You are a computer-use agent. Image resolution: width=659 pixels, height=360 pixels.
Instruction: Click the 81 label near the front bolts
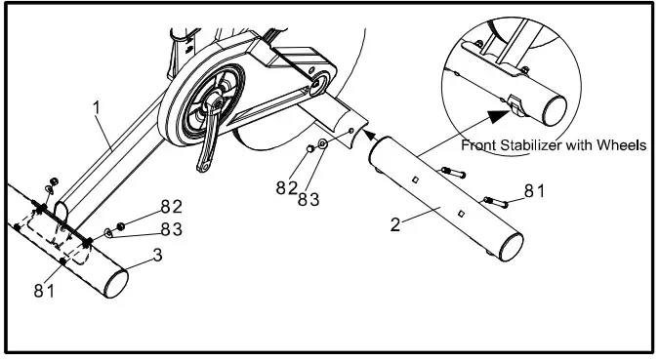tap(534, 190)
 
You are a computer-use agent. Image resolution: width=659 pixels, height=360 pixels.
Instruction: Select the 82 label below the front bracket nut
tap(286, 186)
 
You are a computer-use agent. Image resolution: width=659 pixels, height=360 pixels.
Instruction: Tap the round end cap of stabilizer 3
tap(115, 282)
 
